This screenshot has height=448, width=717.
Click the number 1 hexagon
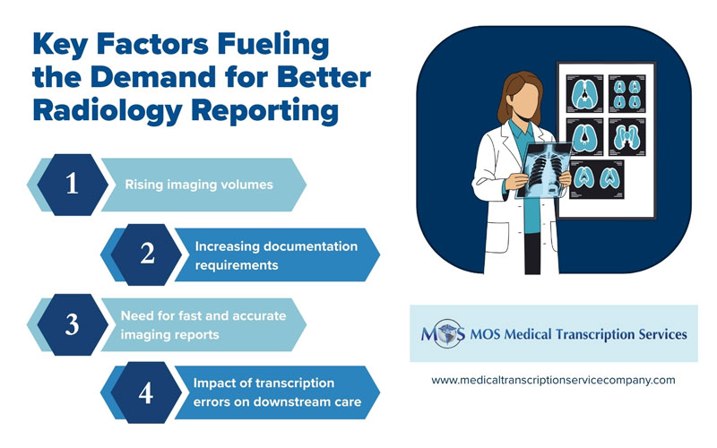tap(72, 185)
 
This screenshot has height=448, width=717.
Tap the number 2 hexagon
tap(148, 254)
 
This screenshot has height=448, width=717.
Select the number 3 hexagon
tap(72, 324)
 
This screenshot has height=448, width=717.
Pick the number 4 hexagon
tap(148, 394)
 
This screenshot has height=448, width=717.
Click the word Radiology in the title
tap(99, 111)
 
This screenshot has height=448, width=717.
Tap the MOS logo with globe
tap(443, 334)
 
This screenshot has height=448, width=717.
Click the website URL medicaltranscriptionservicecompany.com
tap(553, 380)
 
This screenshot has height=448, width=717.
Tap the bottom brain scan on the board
tap(597, 178)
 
